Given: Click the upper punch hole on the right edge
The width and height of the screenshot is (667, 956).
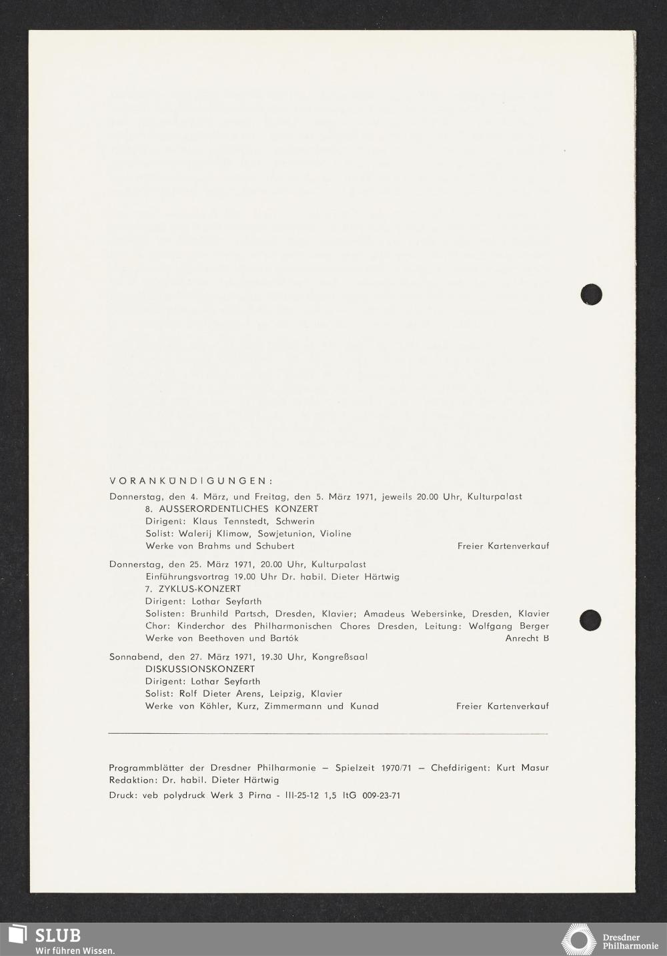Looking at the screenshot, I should click(591, 294).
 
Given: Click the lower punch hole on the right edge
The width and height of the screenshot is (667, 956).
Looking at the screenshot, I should click(590, 620).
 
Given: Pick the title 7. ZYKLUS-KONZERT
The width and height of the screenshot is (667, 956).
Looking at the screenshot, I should click(193, 589).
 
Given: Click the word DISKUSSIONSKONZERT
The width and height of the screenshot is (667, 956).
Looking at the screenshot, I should click(200, 669).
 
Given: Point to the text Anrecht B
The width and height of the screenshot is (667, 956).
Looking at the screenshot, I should click(527, 638).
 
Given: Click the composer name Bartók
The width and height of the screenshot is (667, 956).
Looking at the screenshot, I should click(283, 638).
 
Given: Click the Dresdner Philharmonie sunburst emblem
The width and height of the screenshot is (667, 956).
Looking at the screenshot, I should click(578, 939).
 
